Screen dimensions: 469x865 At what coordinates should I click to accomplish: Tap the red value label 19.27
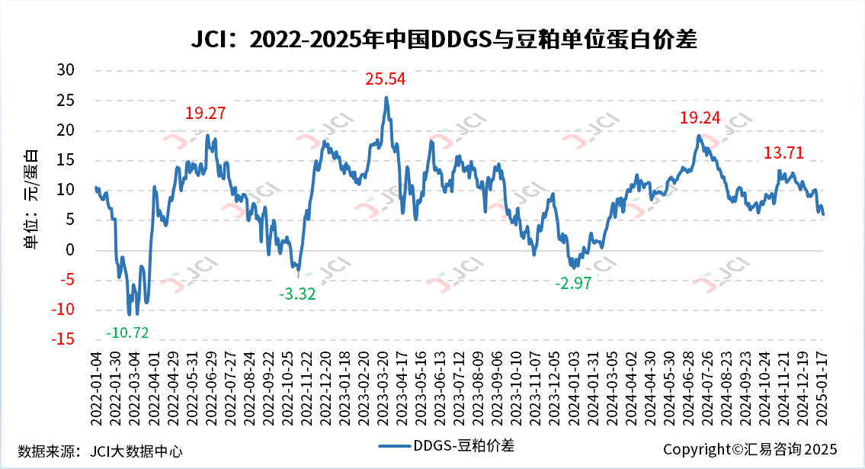[206, 114]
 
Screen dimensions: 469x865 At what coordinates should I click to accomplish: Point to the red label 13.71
[784, 153]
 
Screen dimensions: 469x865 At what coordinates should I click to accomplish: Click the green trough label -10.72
[127, 332]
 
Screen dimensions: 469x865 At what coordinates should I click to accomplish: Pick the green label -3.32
[297, 294]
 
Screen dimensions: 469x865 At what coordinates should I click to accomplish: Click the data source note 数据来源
[100, 451]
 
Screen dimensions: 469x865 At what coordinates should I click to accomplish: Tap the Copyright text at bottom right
[750, 449]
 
